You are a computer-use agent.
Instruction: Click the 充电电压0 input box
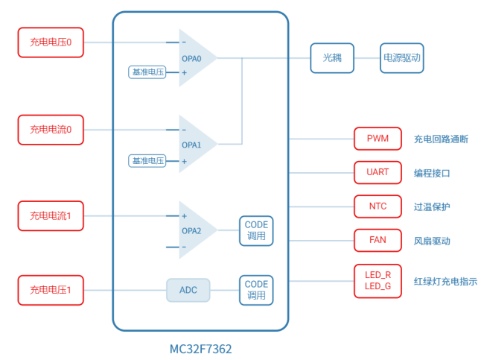pyautogui.click(x=51, y=42)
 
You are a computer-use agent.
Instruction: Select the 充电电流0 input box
pyautogui.click(x=51, y=130)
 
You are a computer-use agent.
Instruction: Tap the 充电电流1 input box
pyautogui.click(x=51, y=215)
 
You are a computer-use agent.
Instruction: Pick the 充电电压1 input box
pyautogui.click(x=51, y=289)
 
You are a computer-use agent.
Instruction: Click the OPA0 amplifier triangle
pyautogui.click(x=195, y=58)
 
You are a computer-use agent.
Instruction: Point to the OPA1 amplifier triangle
pyautogui.click(x=195, y=144)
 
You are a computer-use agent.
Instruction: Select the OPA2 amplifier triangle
pyautogui.click(x=195, y=230)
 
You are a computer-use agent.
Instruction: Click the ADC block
pyautogui.click(x=188, y=290)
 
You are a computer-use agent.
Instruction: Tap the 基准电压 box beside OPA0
pyautogui.click(x=147, y=72)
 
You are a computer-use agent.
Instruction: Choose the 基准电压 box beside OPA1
pyautogui.click(x=147, y=160)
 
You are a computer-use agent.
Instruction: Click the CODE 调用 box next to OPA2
pyautogui.click(x=256, y=230)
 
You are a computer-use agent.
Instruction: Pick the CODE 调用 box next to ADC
pyautogui.click(x=256, y=290)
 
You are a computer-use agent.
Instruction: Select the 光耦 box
pyautogui.click(x=332, y=57)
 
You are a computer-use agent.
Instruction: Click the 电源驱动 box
pyautogui.click(x=402, y=57)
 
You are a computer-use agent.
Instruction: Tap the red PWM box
pyautogui.click(x=378, y=139)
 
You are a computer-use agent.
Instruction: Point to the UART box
pyautogui.click(x=378, y=172)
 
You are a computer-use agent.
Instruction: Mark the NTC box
pyautogui.click(x=378, y=206)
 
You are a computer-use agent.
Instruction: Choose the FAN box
pyautogui.click(x=378, y=240)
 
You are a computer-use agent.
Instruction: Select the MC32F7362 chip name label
pyautogui.click(x=200, y=348)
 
